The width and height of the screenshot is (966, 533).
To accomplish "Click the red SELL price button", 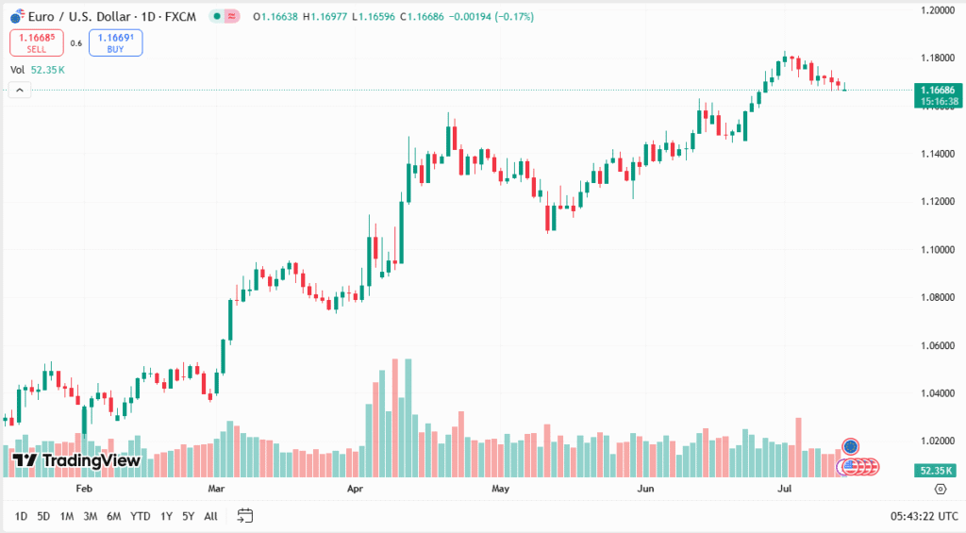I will tap(37, 42).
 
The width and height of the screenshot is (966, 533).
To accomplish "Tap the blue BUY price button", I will tap(115, 42).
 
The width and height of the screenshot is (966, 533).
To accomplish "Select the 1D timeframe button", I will tap(20, 516).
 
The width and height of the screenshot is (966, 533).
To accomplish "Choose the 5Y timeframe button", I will tap(188, 516).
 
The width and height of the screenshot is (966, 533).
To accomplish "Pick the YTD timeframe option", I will tap(140, 516).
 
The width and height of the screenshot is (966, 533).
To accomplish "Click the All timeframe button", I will tap(210, 516).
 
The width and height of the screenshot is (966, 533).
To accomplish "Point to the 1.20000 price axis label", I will tap(938, 10).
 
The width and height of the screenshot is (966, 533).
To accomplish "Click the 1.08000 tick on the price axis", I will tap(938, 297).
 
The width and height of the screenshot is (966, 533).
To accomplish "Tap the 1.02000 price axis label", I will tap(938, 441).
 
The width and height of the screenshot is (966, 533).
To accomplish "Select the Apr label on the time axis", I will tap(356, 489).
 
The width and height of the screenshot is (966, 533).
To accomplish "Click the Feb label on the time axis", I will tap(84, 489).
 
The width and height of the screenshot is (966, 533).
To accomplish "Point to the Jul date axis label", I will tap(784, 489).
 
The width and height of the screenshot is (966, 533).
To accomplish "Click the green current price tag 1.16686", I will tap(940, 90).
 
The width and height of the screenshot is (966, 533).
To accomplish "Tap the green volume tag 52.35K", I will tap(939, 470).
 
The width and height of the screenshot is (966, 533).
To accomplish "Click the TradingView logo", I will tap(76, 460).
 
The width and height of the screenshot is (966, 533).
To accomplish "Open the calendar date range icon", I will tap(245, 515).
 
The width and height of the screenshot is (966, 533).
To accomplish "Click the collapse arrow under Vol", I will tap(20, 90).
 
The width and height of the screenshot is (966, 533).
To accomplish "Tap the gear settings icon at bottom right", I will tap(940, 489).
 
